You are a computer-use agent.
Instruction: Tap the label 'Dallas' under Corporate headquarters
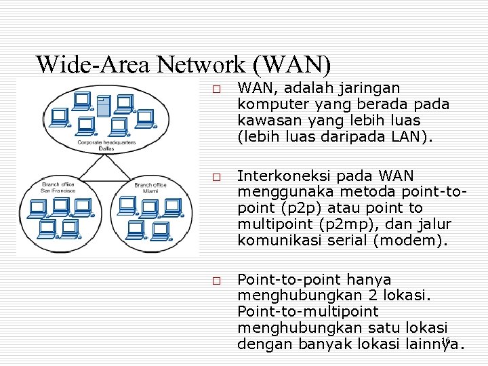coord(106,148)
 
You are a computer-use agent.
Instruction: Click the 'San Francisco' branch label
coord(58,190)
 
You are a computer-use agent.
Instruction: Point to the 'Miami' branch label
coord(150,191)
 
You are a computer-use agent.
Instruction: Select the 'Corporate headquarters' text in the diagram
coord(106,142)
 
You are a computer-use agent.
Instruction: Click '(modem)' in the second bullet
coord(413,241)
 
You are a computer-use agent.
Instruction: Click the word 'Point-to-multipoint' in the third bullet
coord(308,312)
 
